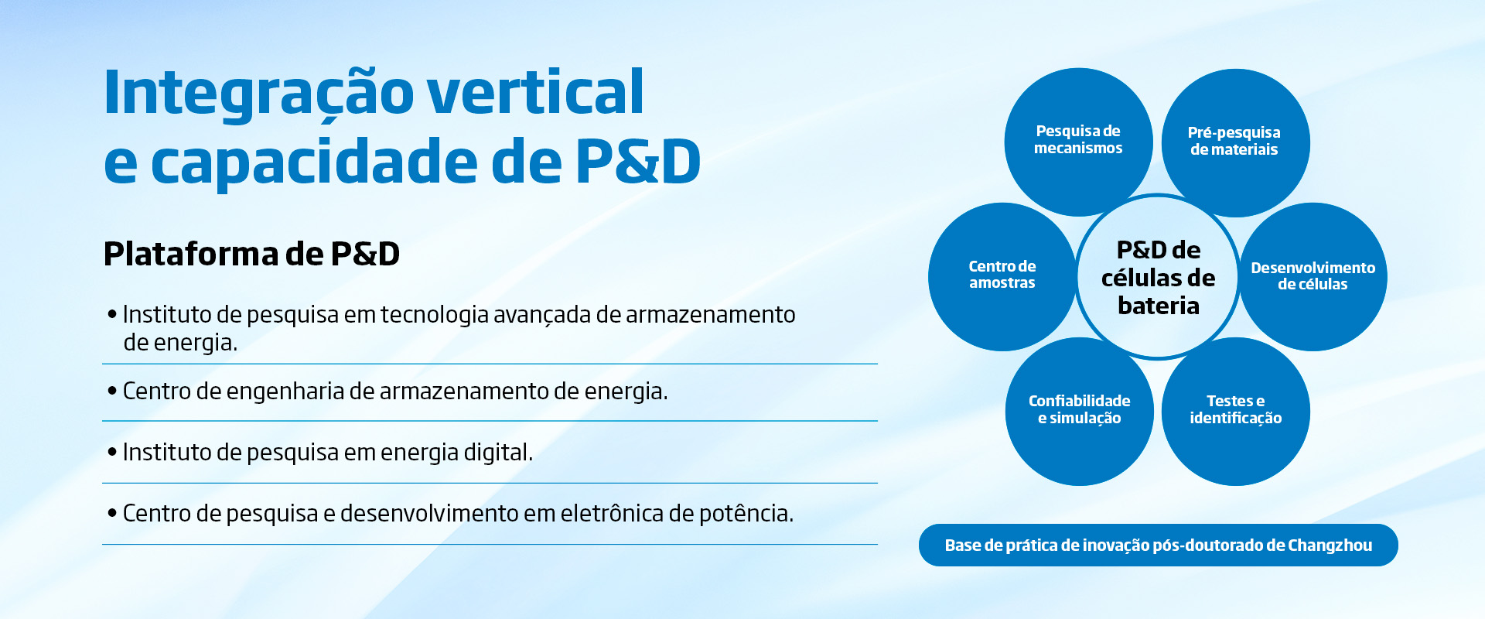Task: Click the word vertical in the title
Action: [x=535, y=92]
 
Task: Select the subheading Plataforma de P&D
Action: [x=251, y=254]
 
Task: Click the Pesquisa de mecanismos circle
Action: [x=1078, y=142]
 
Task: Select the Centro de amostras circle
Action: [x=1002, y=276]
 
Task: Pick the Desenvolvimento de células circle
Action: [x=1313, y=276]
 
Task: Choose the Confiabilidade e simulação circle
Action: [x=1080, y=412]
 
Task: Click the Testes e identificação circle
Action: [x=1236, y=412]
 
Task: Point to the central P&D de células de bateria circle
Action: [x=1158, y=277]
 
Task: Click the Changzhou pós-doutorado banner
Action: [x=1159, y=545]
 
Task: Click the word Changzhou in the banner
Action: [x=1330, y=545]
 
